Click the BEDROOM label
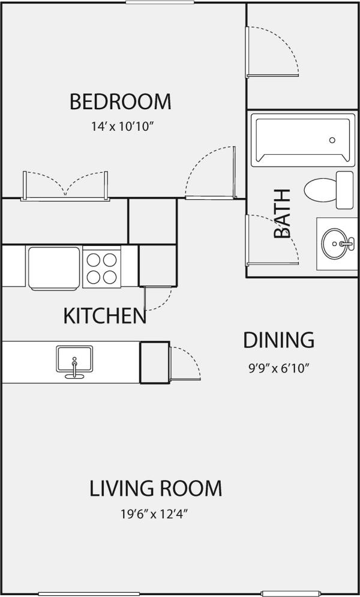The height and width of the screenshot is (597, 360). (120, 101)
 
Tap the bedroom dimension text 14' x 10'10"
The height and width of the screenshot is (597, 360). (120, 127)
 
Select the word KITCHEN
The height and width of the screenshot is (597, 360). (105, 316)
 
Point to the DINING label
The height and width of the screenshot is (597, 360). (278, 340)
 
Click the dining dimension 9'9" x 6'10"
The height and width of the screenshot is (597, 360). (278, 368)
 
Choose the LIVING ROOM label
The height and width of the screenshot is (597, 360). (156, 488)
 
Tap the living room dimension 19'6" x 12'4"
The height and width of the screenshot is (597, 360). (156, 514)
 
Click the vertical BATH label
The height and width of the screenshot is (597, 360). (282, 214)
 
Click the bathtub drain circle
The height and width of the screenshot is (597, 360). (332, 140)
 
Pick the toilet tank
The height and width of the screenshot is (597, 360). (344, 190)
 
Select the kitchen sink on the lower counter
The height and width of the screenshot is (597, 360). (74, 360)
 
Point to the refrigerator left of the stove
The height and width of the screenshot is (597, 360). (53, 266)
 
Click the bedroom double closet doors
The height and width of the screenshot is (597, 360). (65, 184)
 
